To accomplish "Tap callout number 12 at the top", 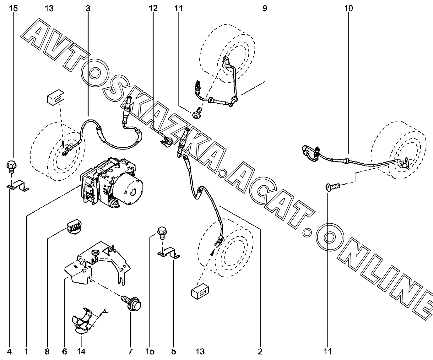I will (x=153, y=8).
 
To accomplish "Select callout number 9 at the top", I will (x=265, y=8).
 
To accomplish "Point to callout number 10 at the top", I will (x=348, y=8).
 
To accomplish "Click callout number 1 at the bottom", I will (x=27, y=351).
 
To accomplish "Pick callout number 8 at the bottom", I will (x=48, y=351).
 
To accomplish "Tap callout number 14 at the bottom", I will (x=81, y=351).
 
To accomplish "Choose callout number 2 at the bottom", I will (x=260, y=351).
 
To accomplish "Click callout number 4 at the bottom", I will (x=10, y=351).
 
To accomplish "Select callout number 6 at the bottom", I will (x=65, y=351).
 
